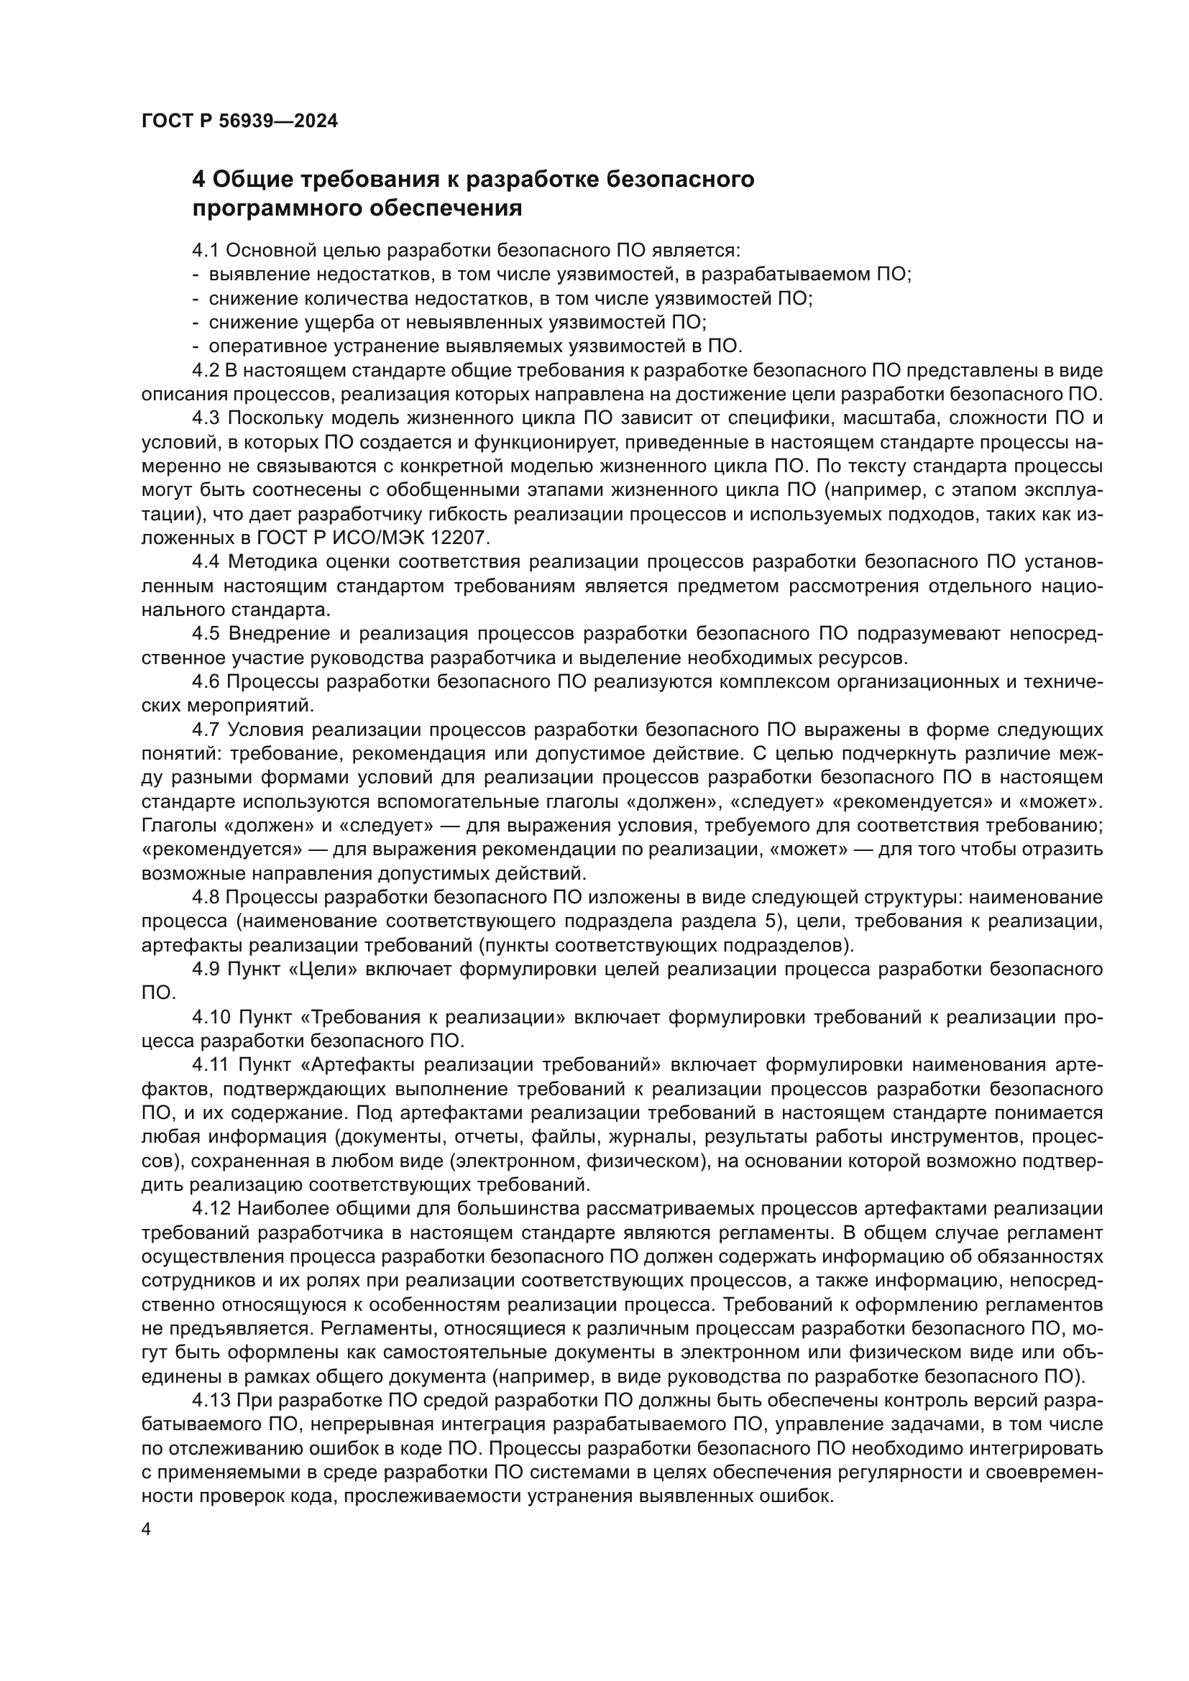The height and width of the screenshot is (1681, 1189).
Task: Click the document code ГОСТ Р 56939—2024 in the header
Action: tap(239, 121)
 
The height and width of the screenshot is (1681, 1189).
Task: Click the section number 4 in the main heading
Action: tap(198, 180)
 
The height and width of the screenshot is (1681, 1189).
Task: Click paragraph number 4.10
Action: tap(211, 1018)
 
